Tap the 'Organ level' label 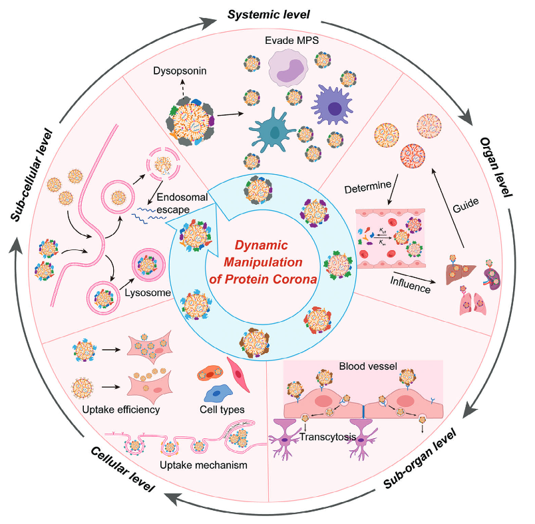[496, 166]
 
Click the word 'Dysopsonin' [176, 70]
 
